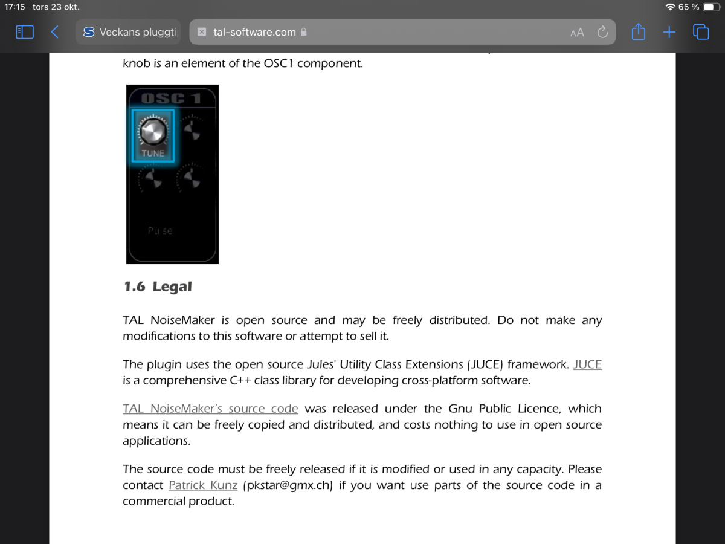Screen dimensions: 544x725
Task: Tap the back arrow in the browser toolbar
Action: tap(55, 32)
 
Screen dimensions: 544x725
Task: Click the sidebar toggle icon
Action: tap(25, 32)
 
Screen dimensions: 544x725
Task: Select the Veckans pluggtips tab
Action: tap(129, 32)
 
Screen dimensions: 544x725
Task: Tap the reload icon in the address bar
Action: tap(602, 32)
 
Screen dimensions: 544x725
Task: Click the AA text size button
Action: tap(577, 33)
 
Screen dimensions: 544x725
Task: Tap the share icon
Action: tap(638, 32)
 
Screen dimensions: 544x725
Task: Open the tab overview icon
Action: tap(701, 32)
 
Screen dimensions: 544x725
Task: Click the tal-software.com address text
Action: tap(254, 33)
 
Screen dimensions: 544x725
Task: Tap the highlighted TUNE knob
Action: tap(153, 131)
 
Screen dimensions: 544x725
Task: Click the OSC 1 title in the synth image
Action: tap(172, 97)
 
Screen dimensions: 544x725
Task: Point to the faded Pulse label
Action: tap(160, 230)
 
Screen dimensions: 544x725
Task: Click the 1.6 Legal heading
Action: tap(158, 287)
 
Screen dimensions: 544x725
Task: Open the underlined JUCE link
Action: tap(587, 364)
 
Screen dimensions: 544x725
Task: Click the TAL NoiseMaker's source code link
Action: tap(210, 409)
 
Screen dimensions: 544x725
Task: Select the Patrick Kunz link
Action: tap(203, 485)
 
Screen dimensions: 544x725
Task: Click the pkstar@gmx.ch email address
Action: tap(288, 485)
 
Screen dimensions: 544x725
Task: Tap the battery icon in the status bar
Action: tap(710, 7)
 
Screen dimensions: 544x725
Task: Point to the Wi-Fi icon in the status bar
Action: tap(670, 7)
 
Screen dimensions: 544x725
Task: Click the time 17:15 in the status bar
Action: tap(14, 7)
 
